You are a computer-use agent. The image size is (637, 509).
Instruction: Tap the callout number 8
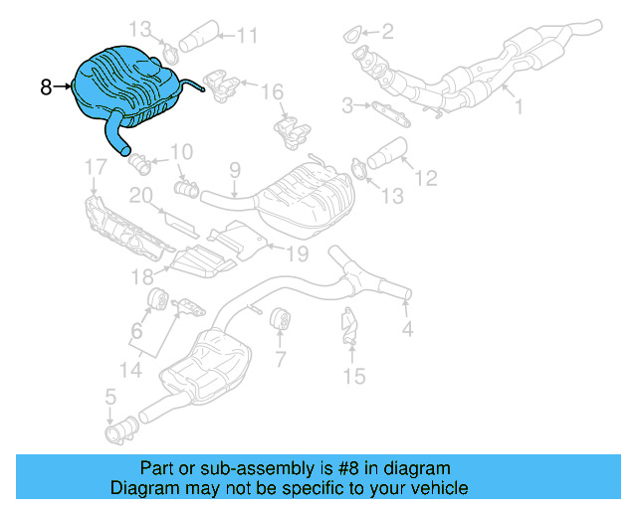coord(46,87)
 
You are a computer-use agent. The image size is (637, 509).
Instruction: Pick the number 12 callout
coord(425,179)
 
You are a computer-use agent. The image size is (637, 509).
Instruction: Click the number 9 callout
coord(235,170)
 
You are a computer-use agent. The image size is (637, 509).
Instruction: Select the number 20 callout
coord(140,196)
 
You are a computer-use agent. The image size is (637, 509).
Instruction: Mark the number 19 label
coord(299,254)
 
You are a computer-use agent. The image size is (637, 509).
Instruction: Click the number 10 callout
coord(180,152)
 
